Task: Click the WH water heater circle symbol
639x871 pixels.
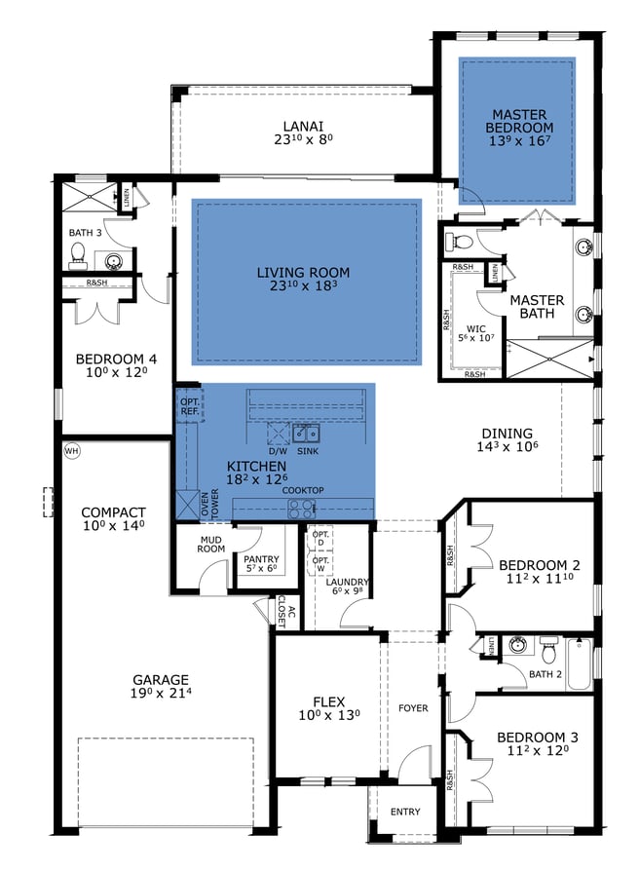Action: click(x=71, y=451)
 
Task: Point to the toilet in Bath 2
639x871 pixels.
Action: click(x=548, y=648)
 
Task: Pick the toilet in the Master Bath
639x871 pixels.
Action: click(x=464, y=241)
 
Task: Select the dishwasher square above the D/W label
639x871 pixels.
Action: click(x=277, y=435)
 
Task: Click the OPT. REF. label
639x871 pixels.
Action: click(x=189, y=406)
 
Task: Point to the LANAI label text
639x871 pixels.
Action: click(x=303, y=126)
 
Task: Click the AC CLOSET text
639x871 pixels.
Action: click(x=284, y=611)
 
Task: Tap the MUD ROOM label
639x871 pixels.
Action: click(x=212, y=544)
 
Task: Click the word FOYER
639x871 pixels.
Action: click(x=413, y=708)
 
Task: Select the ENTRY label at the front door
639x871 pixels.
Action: click(x=405, y=812)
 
